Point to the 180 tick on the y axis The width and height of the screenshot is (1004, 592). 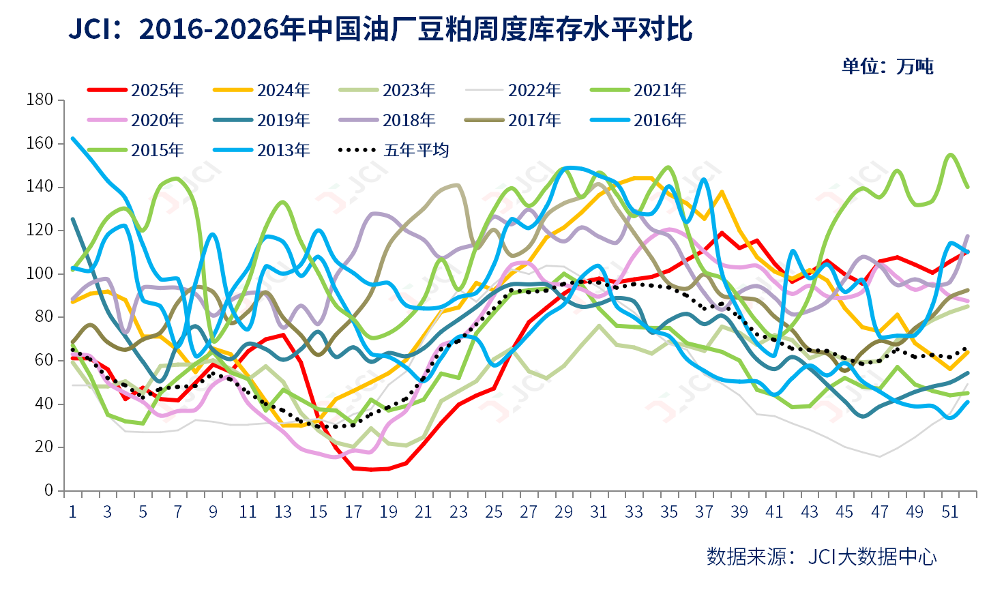[x=40, y=100]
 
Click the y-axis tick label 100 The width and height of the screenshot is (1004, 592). [x=40, y=273]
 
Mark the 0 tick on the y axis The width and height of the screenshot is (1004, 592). [x=48, y=490]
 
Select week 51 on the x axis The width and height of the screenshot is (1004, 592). [x=950, y=512]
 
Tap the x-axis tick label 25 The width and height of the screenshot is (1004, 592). [x=494, y=512]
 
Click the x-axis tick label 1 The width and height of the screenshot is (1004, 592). [x=72, y=512]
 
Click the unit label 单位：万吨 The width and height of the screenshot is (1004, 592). [x=887, y=66]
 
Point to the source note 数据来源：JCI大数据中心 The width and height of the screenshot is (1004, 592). [x=821, y=557]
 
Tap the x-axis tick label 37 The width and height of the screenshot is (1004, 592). [x=705, y=512]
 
